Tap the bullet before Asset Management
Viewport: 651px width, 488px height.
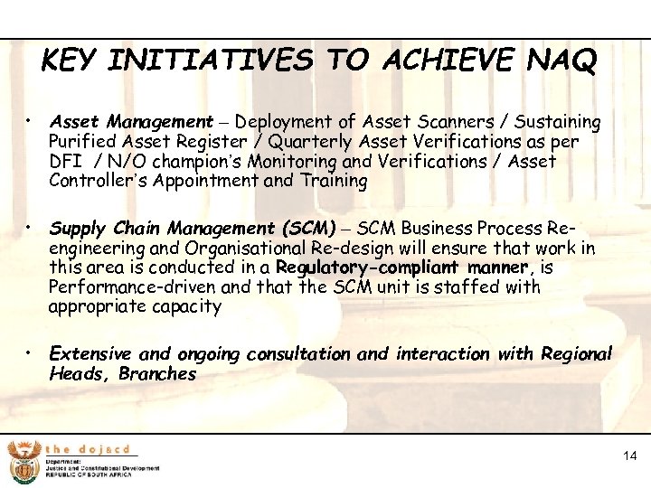click(x=31, y=120)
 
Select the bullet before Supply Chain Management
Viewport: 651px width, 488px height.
click(x=31, y=228)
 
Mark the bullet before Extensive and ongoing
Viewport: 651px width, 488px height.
click(x=31, y=352)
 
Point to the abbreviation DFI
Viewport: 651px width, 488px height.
click(x=66, y=162)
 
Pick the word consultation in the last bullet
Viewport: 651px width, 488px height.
click(x=298, y=353)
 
